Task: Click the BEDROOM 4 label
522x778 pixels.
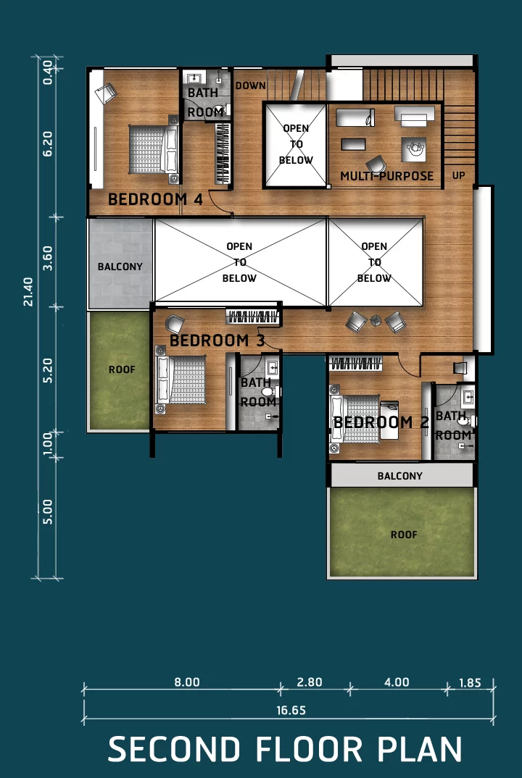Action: click(x=155, y=199)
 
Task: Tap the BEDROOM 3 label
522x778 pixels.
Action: click(x=217, y=340)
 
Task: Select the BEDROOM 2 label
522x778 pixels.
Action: click(x=381, y=422)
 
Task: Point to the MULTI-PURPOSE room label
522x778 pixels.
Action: click(x=387, y=175)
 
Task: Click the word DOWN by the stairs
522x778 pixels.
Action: click(x=250, y=85)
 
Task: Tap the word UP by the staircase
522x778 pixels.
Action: click(x=458, y=175)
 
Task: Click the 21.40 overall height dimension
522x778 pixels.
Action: click(x=28, y=292)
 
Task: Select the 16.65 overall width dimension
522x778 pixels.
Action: click(x=291, y=711)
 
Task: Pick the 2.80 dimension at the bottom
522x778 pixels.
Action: click(x=310, y=682)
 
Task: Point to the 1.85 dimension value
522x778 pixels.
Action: click(x=470, y=682)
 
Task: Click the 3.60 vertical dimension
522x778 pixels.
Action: click(x=48, y=259)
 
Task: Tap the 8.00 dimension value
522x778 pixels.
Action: click(x=187, y=682)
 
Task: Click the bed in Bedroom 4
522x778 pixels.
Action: click(x=154, y=149)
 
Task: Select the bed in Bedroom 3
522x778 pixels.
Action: click(x=181, y=380)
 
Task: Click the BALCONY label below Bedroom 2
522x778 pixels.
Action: click(x=399, y=477)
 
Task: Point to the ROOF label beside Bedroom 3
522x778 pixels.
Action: click(x=122, y=369)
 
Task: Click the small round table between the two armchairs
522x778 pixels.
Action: click(x=376, y=321)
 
